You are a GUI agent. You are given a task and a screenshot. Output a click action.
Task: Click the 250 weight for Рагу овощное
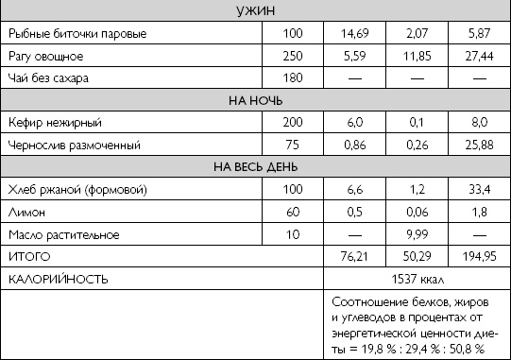(293, 56)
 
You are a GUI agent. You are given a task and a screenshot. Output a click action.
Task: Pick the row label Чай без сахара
(48, 78)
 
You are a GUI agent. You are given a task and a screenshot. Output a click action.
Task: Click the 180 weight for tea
(293, 78)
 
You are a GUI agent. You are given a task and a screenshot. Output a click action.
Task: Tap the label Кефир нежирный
(54, 123)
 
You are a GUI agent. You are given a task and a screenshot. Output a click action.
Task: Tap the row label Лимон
(25, 212)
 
